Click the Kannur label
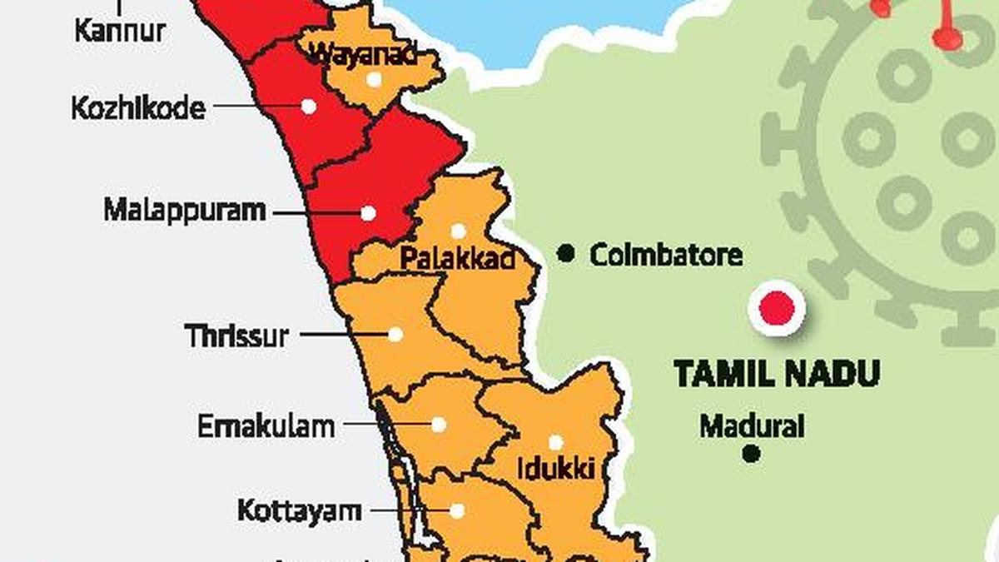click(x=121, y=32)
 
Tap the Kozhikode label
click(x=138, y=108)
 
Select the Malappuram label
click(x=185, y=210)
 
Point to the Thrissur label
click(x=237, y=336)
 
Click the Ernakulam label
click(x=266, y=427)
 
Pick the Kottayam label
click(x=300, y=510)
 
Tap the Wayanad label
click(x=362, y=55)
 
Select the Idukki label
click(x=555, y=469)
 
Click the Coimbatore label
click(x=666, y=255)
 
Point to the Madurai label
click(x=752, y=427)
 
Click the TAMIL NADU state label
click(x=777, y=374)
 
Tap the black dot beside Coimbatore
click(x=566, y=253)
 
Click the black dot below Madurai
click(x=752, y=454)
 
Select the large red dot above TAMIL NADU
click(x=778, y=309)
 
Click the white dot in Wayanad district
click(x=374, y=79)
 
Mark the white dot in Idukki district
click(x=555, y=442)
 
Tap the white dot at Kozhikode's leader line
click(x=309, y=107)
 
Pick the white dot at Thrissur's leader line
click(x=395, y=335)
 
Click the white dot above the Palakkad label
click(x=458, y=231)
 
